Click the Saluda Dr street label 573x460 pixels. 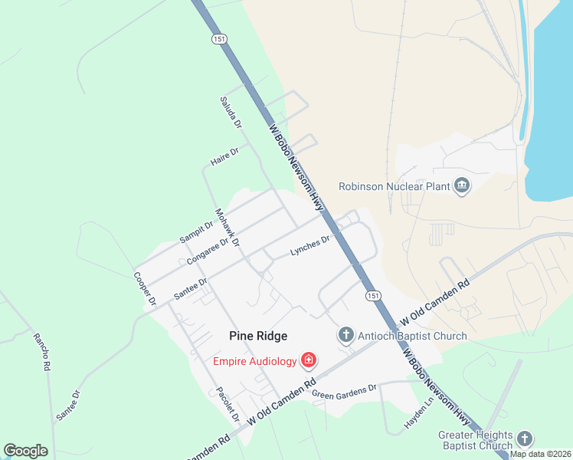tap(231, 113)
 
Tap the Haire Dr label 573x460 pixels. tap(224, 157)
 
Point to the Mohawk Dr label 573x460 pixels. tap(228, 228)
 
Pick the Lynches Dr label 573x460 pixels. tap(309, 245)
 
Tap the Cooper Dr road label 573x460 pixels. tap(145, 289)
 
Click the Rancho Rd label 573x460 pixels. tap(41, 352)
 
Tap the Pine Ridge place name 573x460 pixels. tap(259, 336)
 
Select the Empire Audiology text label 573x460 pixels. tap(254, 361)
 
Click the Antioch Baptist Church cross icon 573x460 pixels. tap(346, 335)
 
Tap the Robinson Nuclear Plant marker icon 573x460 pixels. tap(462, 186)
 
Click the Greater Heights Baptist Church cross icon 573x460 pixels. tap(525, 439)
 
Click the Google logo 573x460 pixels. tap(26, 451)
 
